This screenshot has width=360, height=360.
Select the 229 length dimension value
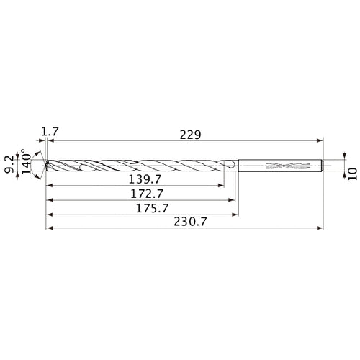(x=190, y=134)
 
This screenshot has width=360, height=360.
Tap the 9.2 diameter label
(x=10, y=165)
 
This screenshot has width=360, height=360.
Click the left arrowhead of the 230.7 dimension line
(x=48, y=229)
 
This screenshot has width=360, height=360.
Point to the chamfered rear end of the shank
(x=321, y=166)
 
